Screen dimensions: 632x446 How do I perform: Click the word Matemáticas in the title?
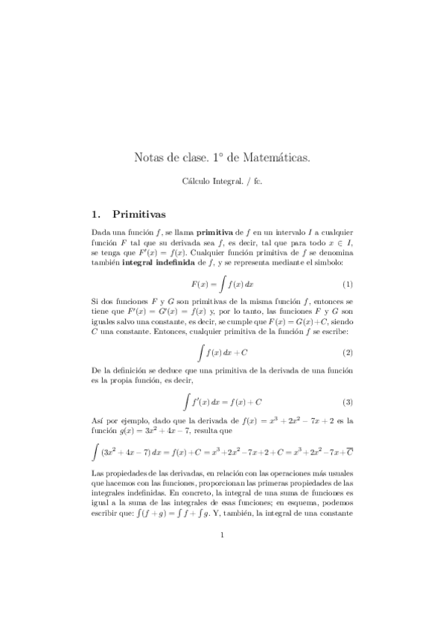(x=273, y=157)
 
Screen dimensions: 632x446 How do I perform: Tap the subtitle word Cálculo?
(x=199, y=180)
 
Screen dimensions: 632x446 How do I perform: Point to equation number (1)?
(x=347, y=285)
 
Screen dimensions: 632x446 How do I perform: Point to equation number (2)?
(x=347, y=351)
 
